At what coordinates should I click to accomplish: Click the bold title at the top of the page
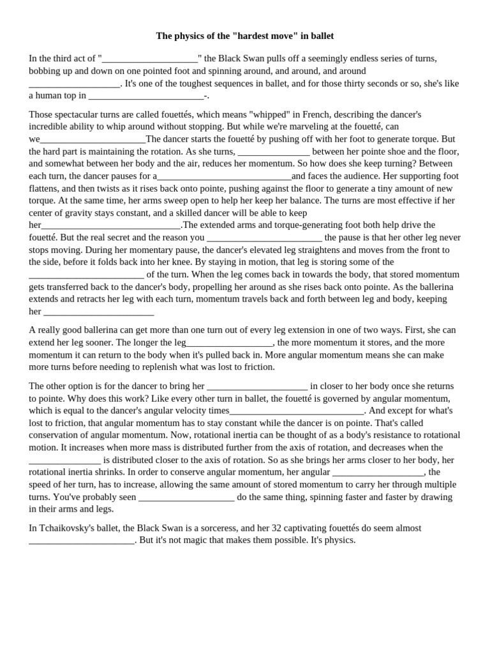(x=245, y=36)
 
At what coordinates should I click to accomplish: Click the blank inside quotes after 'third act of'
(x=150, y=58)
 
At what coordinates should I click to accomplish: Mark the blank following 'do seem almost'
(x=82, y=540)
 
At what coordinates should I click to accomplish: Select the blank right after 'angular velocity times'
(x=297, y=411)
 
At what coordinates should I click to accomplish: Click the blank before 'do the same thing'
(x=186, y=497)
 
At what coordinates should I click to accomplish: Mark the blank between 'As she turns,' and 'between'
(x=274, y=151)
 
